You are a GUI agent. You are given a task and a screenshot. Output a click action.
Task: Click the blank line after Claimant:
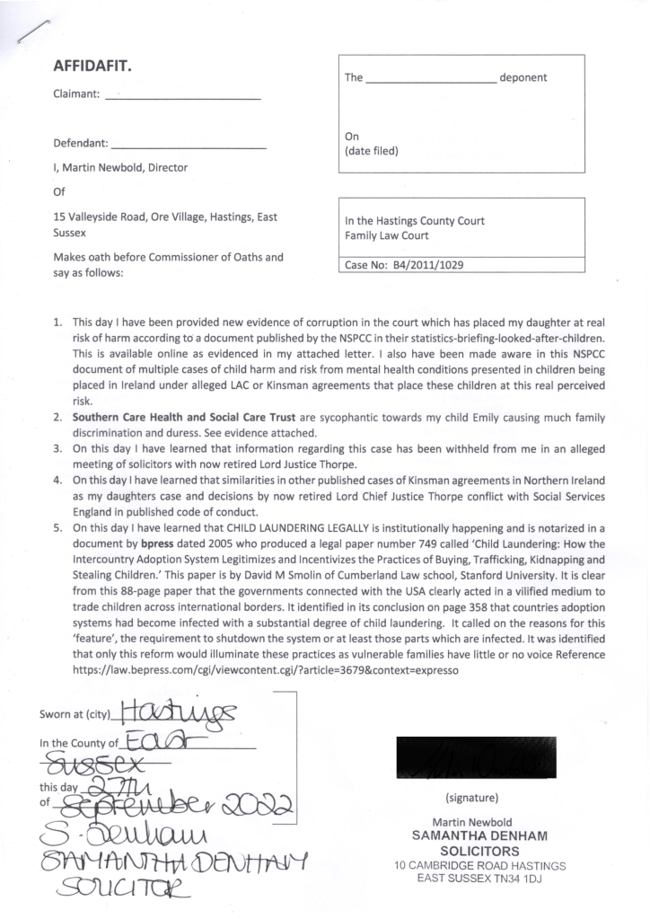tap(183, 97)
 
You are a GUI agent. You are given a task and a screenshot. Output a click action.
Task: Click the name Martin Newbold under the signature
tap(472, 822)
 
